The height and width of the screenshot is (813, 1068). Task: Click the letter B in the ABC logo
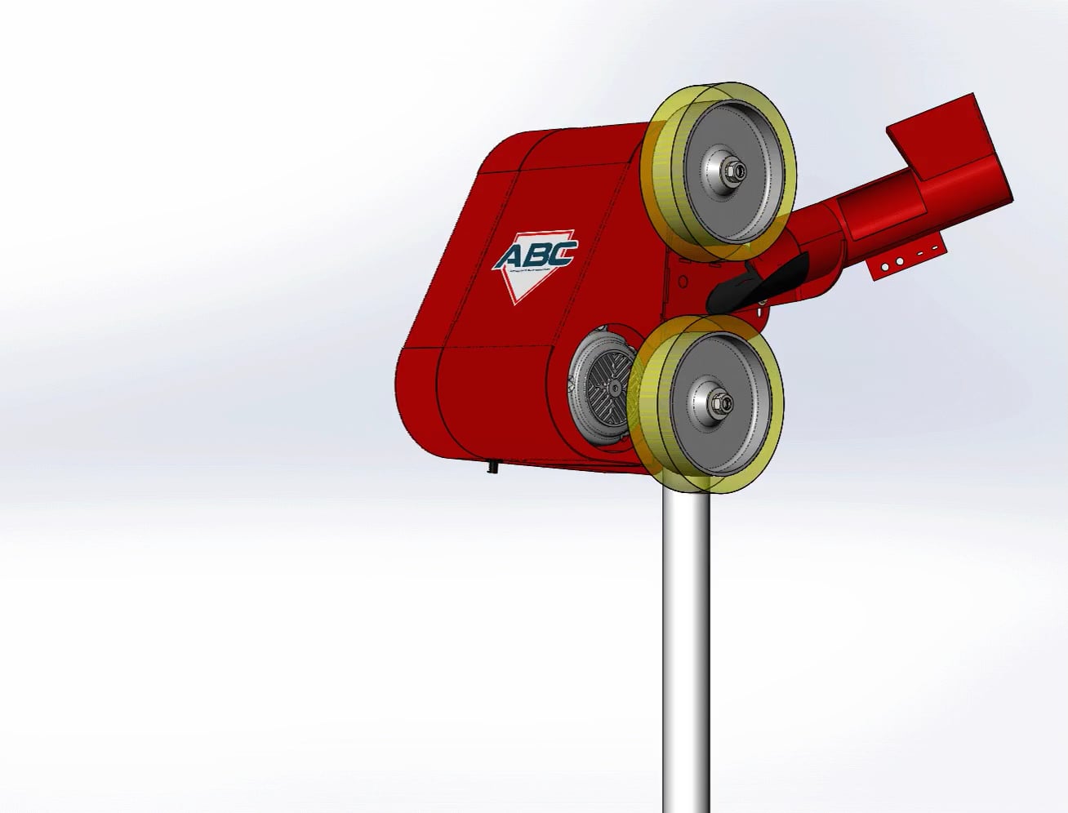point(540,255)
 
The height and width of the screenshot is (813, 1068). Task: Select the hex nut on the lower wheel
point(722,401)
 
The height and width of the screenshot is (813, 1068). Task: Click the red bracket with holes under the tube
point(906,262)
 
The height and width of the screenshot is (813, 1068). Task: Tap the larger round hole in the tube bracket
point(898,262)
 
